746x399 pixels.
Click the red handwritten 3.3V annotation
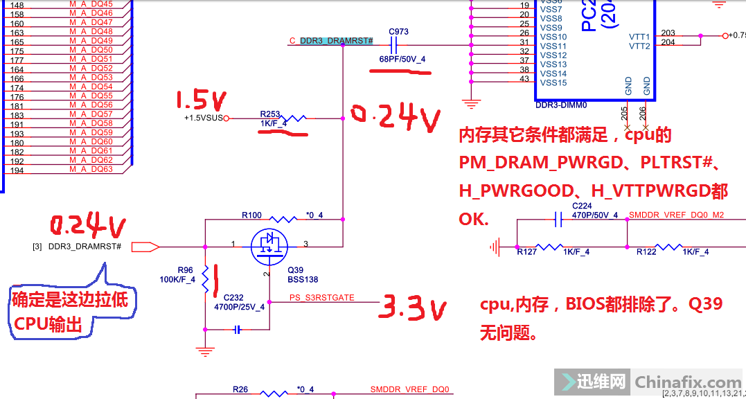(409, 308)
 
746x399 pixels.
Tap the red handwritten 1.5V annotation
(200, 101)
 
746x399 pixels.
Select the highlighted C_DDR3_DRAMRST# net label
(336, 41)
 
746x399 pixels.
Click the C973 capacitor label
(398, 32)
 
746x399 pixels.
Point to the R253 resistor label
(270, 114)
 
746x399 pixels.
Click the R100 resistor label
(251, 215)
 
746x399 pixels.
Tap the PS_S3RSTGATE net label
(322, 298)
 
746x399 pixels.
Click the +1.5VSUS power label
(202, 118)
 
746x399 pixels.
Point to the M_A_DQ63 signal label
(91, 169)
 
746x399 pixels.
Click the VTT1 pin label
(639, 37)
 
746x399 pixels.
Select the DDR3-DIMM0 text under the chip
(561, 105)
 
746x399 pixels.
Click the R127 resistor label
(528, 252)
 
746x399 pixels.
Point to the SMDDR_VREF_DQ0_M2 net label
(676, 215)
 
